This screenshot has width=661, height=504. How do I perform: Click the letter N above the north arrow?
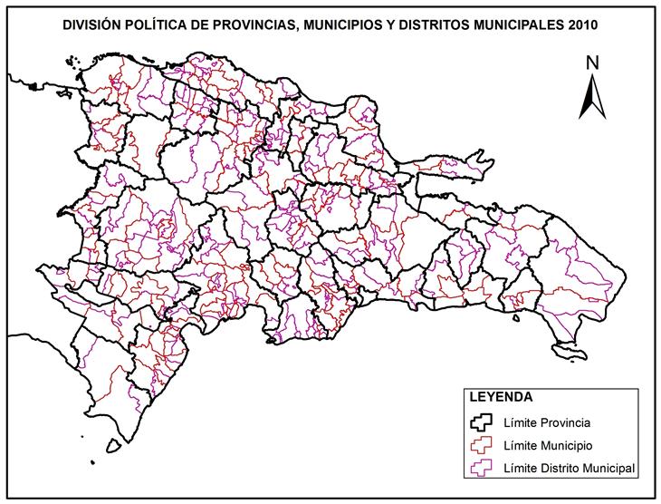pyautogui.click(x=592, y=63)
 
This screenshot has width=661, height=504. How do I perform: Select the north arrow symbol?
pyautogui.click(x=592, y=98)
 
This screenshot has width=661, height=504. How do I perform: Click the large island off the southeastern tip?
pyautogui.click(x=570, y=347)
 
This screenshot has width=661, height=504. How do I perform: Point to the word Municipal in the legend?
pyautogui.click(x=613, y=468)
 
